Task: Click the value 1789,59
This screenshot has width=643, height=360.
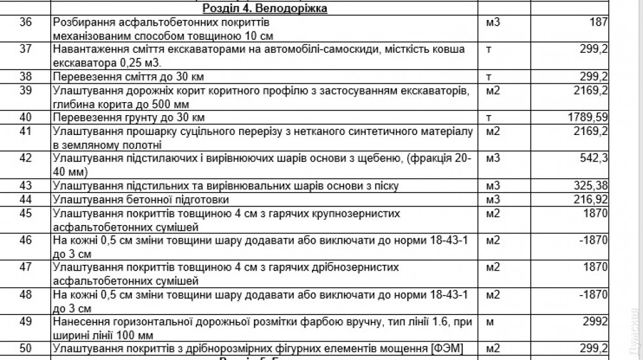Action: (588, 118)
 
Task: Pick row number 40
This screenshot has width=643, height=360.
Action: (26, 118)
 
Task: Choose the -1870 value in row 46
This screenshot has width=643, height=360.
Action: (593, 240)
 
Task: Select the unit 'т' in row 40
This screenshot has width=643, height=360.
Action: (489, 118)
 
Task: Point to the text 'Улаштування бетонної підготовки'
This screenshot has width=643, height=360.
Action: (132, 199)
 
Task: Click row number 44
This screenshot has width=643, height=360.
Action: (26, 199)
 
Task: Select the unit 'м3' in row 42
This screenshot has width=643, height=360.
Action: (493, 158)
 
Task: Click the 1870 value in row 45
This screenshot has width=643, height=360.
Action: (595, 213)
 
